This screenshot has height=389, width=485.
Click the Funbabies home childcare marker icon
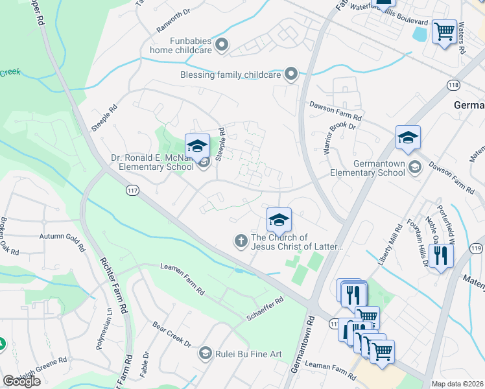(222, 45)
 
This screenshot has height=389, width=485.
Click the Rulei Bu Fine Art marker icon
(205, 353)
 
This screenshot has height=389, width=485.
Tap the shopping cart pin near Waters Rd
(445, 32)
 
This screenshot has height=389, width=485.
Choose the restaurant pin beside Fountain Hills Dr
(440, 255)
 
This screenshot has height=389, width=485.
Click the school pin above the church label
(279, 220)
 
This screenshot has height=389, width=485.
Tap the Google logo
(21, 381)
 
